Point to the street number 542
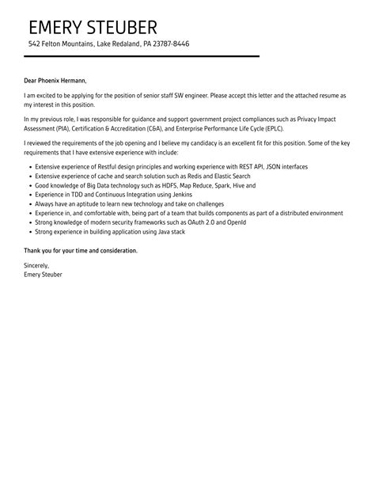(34, 44)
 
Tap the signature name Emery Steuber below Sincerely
(43, 274)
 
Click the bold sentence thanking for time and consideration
(81, 250)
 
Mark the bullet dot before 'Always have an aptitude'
(29, 204)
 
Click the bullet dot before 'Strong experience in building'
(29, 231)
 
